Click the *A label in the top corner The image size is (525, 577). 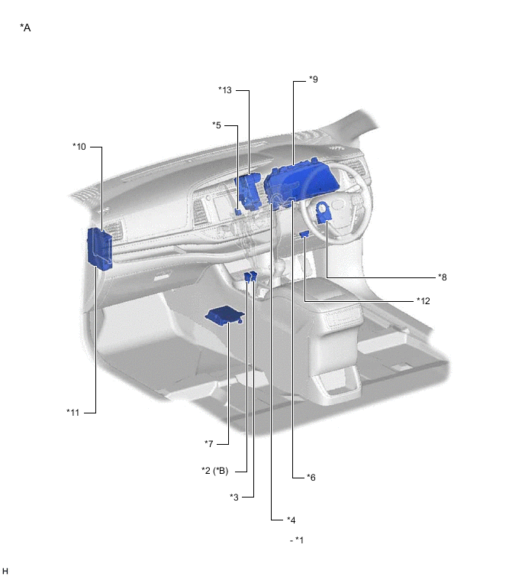click(x=25, y=28)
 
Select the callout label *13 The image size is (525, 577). click(x=224, y=90)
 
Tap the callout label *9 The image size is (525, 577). click(x=314, y=79)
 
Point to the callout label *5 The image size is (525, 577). click(x=217, y=125)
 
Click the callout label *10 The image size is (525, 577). click(x=79, y=146)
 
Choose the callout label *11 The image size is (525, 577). click(x=73, y=413)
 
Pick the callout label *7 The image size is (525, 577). click(x=208, y=444)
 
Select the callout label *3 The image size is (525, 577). click(x=235, y=498)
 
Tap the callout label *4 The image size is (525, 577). click(x=290, y=520)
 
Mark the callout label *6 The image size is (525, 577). click(x=311, y=478)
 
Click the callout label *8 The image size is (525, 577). click(x=443, y=277)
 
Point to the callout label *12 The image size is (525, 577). click(x=424, y=300)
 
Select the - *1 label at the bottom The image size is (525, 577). click(x=298, y=540)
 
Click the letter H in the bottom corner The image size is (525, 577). click(x=5, y=571)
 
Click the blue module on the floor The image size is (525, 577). click(x=224, y=315)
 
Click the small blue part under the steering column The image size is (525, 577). click(x=304, y=235)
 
